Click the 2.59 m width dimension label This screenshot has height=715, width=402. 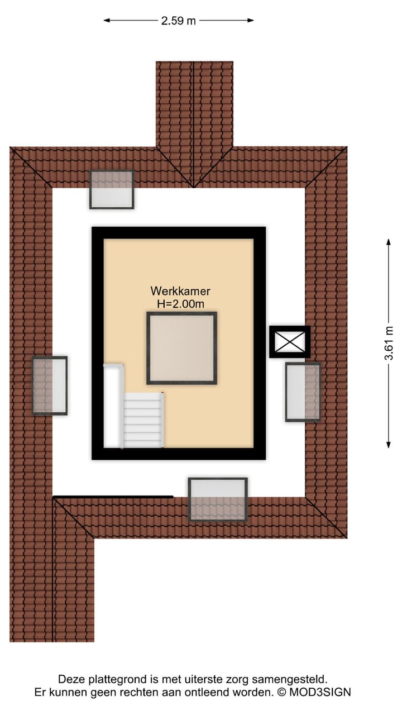tap(179, 21)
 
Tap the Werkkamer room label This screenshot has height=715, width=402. tap(180, 291)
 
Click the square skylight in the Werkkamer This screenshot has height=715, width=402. tap(181, 348)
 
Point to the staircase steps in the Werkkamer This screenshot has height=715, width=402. tap(143, 420)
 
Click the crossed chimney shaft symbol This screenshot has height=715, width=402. tap(289, 341)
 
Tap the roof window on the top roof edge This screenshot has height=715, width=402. tap(112, 189)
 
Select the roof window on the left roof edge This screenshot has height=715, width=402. tap(50, 385)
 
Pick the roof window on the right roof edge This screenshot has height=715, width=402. tap(303, 392)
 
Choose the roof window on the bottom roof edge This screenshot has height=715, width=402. tap(218, 499)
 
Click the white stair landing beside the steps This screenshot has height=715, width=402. tap(113, 405)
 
